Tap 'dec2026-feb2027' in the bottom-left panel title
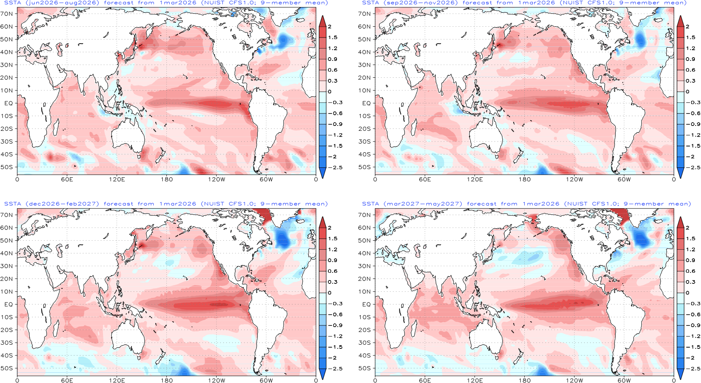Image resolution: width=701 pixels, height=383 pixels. [62, 204]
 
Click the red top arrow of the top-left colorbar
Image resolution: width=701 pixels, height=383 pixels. [322, 21]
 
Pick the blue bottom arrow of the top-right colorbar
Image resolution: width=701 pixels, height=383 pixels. [680, 173]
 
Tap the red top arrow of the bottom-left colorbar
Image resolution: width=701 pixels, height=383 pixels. [322, 223]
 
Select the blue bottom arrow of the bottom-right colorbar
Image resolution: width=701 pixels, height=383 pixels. [680, 374]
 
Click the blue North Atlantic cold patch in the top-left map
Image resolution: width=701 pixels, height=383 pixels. [284, 40]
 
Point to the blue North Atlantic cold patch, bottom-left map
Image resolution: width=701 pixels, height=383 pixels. [283, 239]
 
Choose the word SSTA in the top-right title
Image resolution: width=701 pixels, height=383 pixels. [370, 3]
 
